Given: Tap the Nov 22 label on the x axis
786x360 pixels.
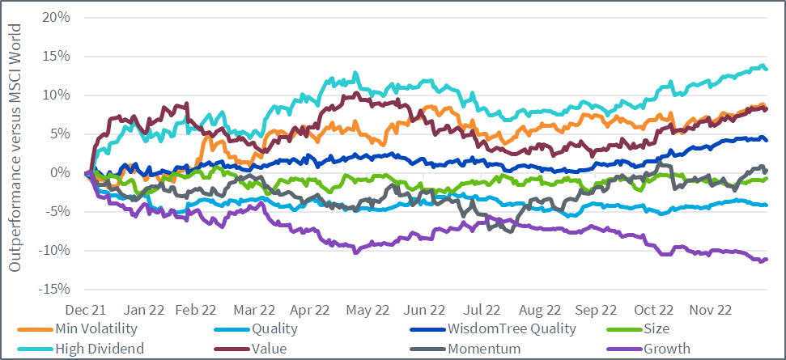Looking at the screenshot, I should click(x=711, y=310).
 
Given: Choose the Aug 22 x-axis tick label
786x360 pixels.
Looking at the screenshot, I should click(x=540, y=310).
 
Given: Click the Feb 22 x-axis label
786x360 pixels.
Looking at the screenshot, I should click(x=197, y=310).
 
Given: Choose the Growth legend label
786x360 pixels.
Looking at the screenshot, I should click(x=669, y=349).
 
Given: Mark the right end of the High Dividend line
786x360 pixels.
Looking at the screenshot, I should click(x=767, y=69).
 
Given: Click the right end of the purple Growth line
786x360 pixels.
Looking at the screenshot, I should click(x=767, y=259).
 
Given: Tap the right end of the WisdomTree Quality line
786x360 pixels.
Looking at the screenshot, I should click(x=767, y=140).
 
